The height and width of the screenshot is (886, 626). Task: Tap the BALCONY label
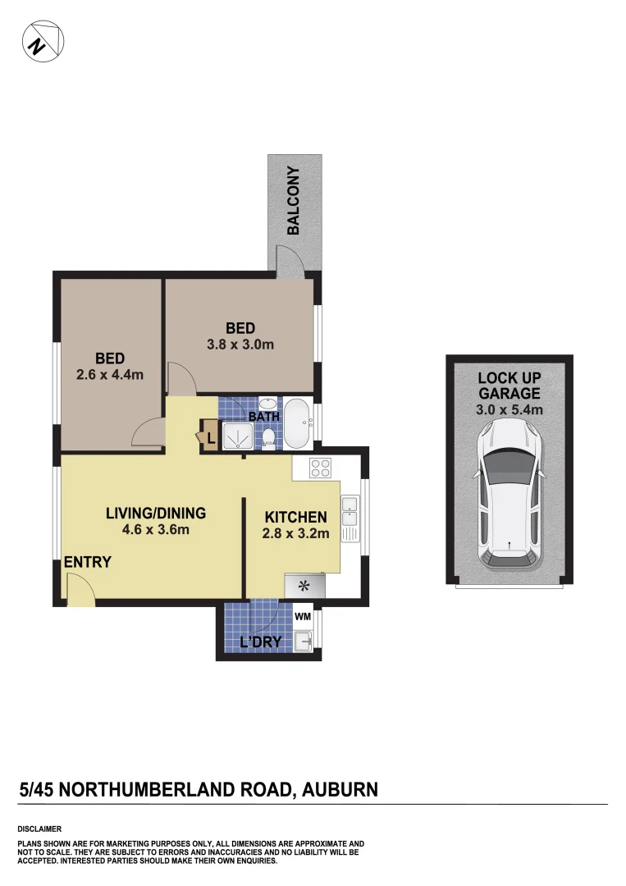293,201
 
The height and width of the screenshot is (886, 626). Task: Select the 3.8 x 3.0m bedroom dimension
240,345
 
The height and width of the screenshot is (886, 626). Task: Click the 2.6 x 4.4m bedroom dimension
110,376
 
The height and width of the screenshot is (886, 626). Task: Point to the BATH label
264,417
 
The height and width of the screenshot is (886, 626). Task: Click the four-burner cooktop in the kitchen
320,468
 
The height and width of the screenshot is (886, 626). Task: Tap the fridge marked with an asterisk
304,585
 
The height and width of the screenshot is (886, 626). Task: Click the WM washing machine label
303,614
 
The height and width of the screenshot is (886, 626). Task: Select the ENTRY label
87,563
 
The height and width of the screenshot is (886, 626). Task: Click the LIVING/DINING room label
156,514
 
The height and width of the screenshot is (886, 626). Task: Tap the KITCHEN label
296,518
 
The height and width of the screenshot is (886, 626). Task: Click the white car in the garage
509,496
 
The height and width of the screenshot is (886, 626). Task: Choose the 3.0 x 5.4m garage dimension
509,409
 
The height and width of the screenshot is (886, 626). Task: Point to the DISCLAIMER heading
39,829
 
